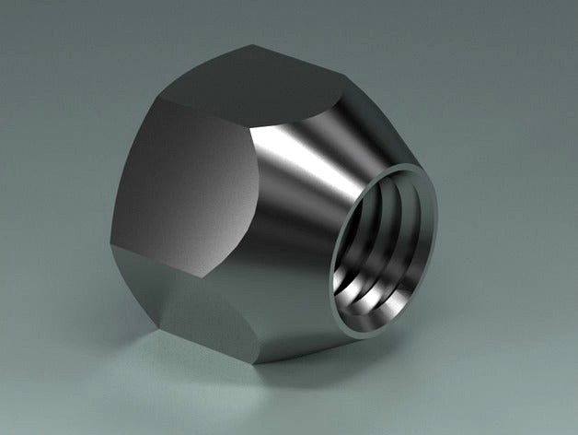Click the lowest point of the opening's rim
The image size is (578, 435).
click(354, 330)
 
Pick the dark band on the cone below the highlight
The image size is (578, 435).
click(304, 267)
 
